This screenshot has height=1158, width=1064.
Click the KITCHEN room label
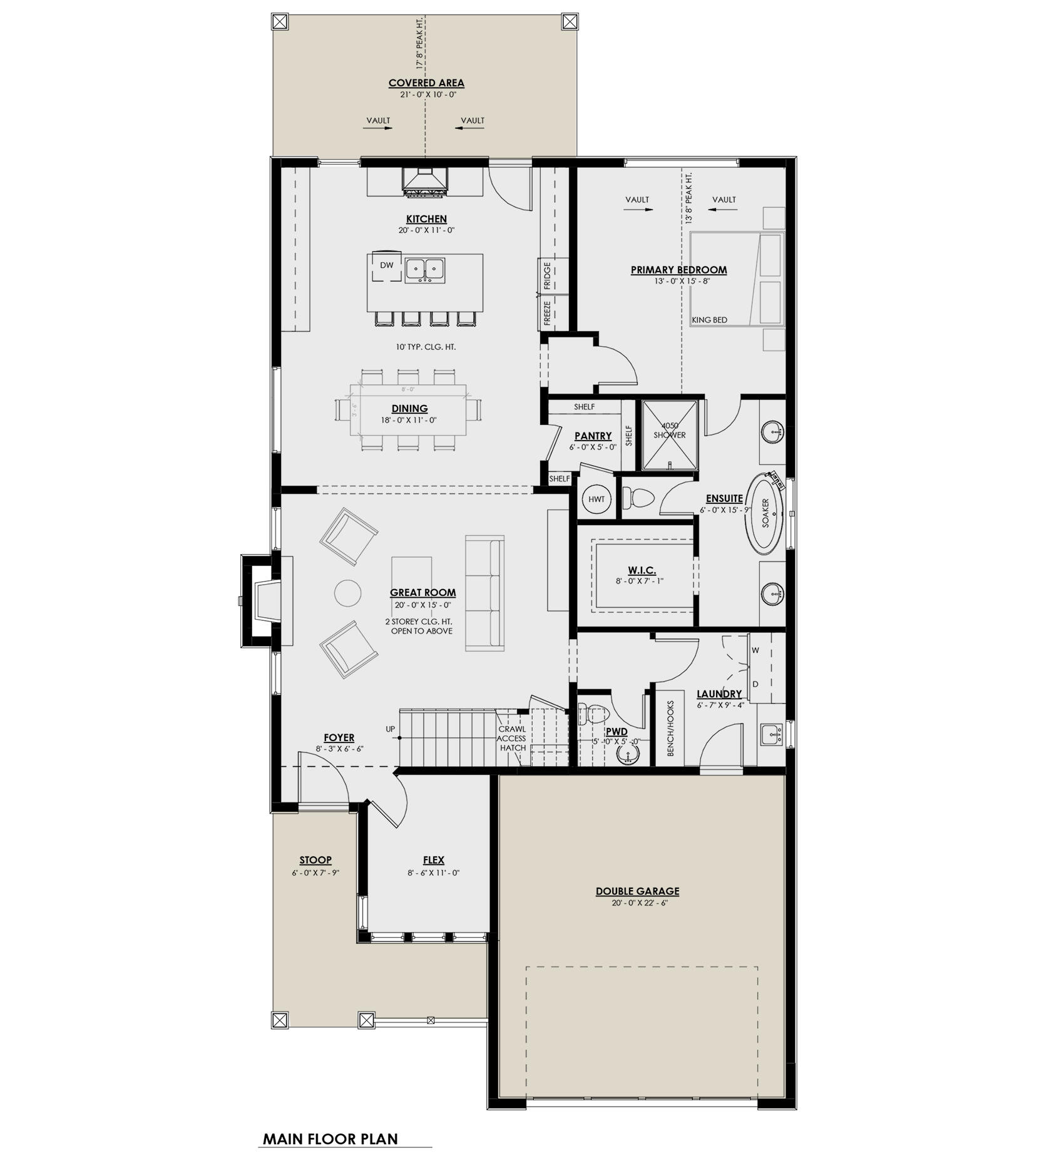pyautogui.click(x=426, y=219)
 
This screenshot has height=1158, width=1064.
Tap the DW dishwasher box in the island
pyautogui.click(x=387, y=265)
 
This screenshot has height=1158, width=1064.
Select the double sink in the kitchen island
pyautogui.click(x=425, y=270)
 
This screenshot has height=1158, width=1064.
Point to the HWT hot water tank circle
pyautogui.click(x=596, y=499)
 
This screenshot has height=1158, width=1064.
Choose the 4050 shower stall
pyautogui.click(x=669, y=434)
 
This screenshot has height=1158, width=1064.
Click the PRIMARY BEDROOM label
pyautogui.click(x=678, y=270)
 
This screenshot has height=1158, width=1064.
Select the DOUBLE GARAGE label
pyautogui.click(x=637, y=891)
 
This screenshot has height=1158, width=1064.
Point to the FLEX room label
pyautogui.click(x=433, y=860)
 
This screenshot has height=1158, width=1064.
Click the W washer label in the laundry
pyautogui.click(x=755, y=650)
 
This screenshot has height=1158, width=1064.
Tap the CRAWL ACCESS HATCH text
pyautogui.click(x=512, y=738)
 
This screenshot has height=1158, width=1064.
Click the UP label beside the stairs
pyautogui.click(x=391, y=729)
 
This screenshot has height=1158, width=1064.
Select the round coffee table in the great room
pyautogui.click(x=347, y=593)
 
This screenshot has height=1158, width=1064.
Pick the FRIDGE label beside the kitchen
pyautogui.click(x=547, y=275)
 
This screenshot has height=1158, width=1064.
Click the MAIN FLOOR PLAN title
pyautogui.click(x=330, y=1139)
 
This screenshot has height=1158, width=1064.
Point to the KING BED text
pyautogui.click(x=709, y=320)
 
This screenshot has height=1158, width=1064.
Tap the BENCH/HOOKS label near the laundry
pyautogui.click(x=670, y=728)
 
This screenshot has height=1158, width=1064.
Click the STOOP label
pyautogui.click(x=315, y=860)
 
